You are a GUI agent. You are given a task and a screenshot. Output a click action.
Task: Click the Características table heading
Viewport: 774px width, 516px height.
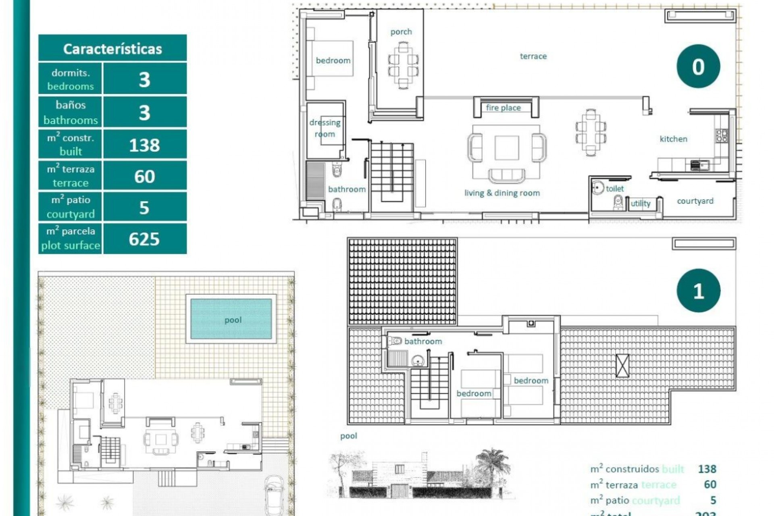pyautogui.click(x=112, y=49)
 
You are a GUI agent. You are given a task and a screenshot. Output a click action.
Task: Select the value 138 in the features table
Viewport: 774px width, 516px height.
pyautogui.click(x=144, y=145)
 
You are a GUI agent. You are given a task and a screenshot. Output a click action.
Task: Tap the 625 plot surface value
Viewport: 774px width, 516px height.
pyautogui.click(x=144, y=239)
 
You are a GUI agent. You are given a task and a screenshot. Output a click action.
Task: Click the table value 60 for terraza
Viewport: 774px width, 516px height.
pyautogui.click(x=144, y=177)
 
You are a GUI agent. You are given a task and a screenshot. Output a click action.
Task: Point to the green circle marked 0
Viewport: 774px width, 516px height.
pyautogui.click(x=698, y=67)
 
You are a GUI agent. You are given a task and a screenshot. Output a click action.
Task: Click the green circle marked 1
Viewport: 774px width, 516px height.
pyautogui.click(x=698, y=291)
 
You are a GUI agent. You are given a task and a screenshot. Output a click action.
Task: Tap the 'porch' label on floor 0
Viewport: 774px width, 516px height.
pyautogui.click(x=401, y=32)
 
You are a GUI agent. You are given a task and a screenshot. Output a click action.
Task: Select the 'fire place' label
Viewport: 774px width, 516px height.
pyautogui.click(x=503, y=108)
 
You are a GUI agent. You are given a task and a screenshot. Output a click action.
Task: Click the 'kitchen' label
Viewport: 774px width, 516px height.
pyautogui.click(x=673, y=139)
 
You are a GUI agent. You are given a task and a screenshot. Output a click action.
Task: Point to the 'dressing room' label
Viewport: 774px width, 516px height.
pyautogui.click(x=325, y=128)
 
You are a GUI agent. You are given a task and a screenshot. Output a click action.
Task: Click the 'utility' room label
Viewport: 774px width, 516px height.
pyautogui.click(x=640, y=204)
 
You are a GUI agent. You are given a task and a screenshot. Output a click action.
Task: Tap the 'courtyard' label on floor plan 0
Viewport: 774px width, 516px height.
pyautogui.click(x=695, y=201)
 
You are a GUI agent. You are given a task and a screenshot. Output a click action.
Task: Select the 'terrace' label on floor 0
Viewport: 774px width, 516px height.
pyautogui.click(x=533, y=56)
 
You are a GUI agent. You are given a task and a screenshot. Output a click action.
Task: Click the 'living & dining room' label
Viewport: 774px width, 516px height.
pyautogui.click(x=502, y=193)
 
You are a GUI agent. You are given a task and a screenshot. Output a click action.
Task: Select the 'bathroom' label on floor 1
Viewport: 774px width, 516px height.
pyautogui.click(x=423, y=341)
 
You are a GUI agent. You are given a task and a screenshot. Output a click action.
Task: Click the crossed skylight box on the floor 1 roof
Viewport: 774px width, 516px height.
pyautogui.click(x=622, y=366)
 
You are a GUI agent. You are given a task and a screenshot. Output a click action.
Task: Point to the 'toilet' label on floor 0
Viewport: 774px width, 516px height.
pyautogui.click(x=614, y=189)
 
